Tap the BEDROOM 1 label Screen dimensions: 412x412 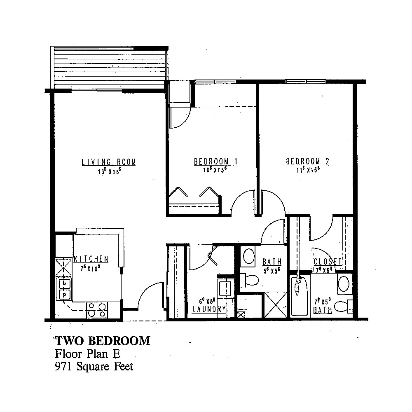point(211,162)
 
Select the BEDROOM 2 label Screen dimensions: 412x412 point(307,162)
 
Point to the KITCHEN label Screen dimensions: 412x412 point(91,259)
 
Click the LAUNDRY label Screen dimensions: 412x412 point(209,309)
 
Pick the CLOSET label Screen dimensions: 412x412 point(328,262)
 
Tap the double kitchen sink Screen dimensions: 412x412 point(64,289)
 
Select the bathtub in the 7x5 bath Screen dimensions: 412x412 point(300,296)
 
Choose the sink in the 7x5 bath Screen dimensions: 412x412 point(343,284)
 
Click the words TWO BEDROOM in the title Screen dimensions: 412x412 point(103,341)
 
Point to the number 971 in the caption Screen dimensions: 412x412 point(64,366)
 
